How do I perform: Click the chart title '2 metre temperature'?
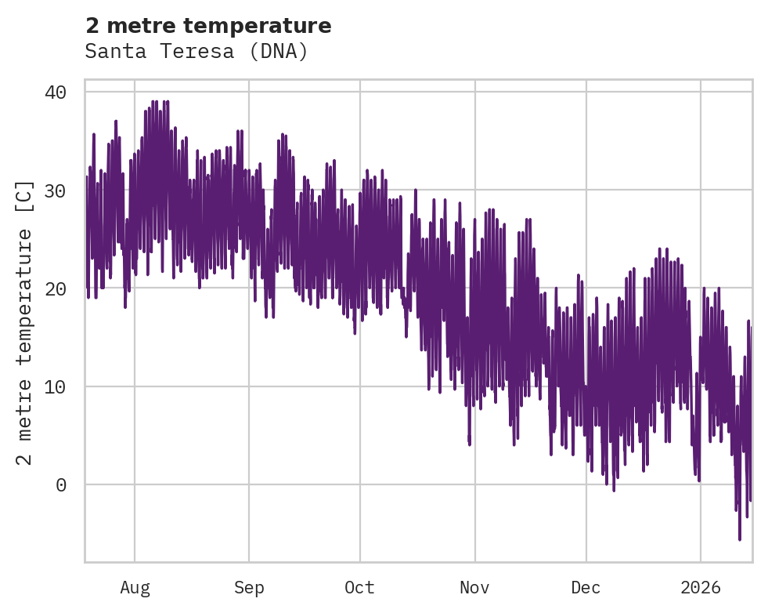tap(208, 26)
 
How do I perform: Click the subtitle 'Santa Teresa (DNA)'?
tap(197, 52)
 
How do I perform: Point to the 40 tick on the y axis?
tap(56, 92)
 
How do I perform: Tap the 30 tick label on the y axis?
tap(56, 190)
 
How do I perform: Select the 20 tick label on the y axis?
tap(56, 288)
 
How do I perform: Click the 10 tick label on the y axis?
tap(56, 386)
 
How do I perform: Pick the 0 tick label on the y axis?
tap(61, 485)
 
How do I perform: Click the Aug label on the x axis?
tap(135, 587)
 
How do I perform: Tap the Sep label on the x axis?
tap(249, 587)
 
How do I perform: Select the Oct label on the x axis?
tap(359, 587)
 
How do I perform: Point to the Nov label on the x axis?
tap(474, 587)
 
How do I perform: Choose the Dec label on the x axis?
tap(586, 587)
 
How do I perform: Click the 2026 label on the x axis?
tap(700, 587)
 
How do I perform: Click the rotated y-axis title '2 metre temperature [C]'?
tap(25, 321)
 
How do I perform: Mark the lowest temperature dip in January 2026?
tap(740, 539)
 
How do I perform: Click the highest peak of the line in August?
tap(154, 101)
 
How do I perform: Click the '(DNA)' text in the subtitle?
tap(284, 52)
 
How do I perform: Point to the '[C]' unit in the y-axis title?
tap(25, 196)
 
